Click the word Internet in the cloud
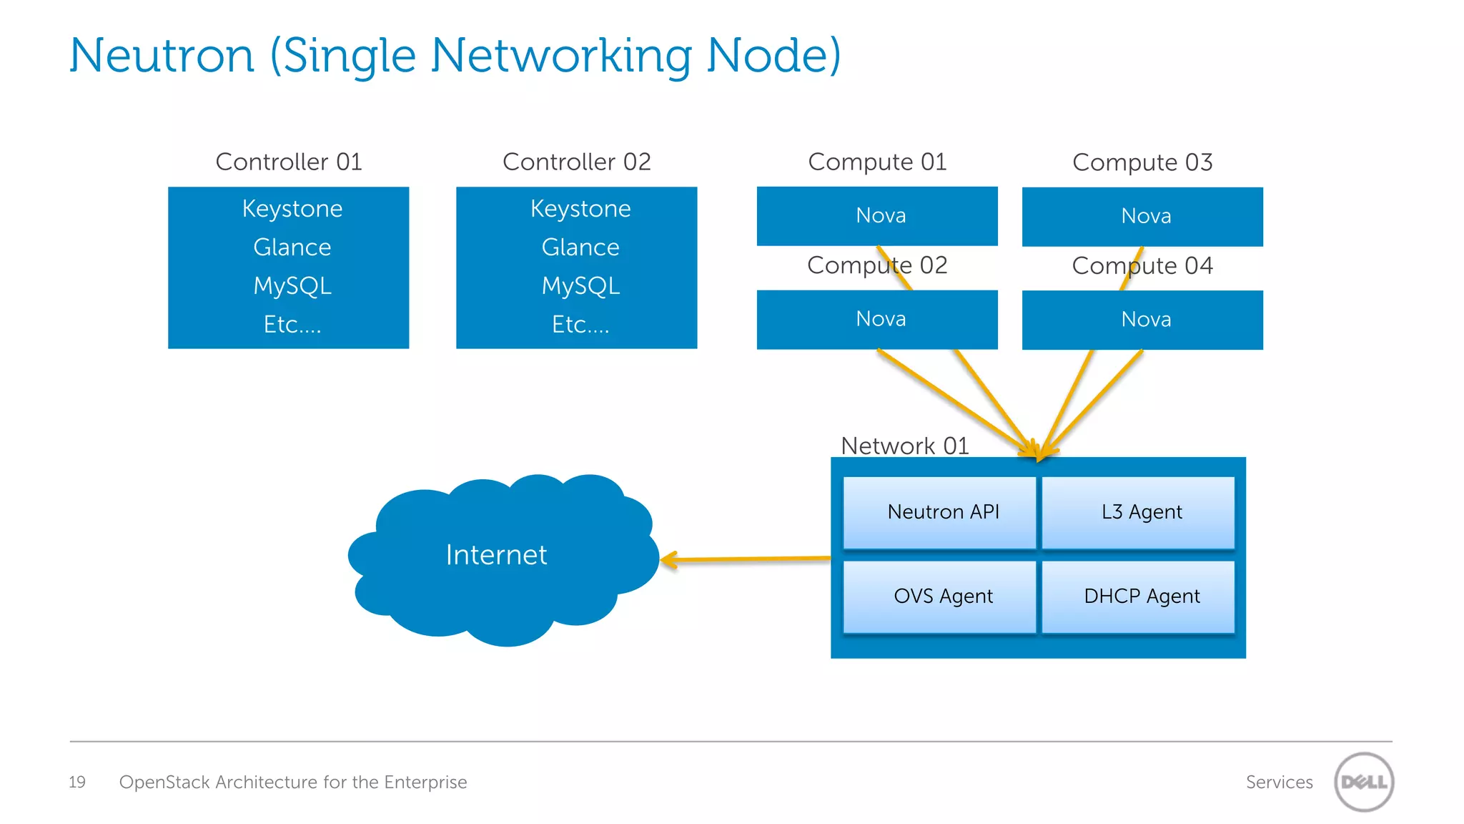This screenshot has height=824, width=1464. (x=496, y=555)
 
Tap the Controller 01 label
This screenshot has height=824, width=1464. (x=289, y=162)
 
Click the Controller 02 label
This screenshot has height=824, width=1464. (x=576, y=162)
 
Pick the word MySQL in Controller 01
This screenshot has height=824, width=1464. (x=292, y=286)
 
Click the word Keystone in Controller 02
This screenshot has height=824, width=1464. (x=580, y=209)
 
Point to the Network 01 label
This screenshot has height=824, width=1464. (x=904, y=446)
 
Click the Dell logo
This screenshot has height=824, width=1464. (x=1363, y=782)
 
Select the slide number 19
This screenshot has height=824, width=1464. (x=77, y=782)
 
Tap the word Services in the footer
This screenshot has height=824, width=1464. (x=1279, y=782)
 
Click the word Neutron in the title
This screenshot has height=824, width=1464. (x=162, y=56)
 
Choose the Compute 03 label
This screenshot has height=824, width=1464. (x=1142, y=162)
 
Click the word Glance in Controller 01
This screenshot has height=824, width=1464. (x=292, y=247)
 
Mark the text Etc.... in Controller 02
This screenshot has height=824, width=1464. (x=580, y=325)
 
